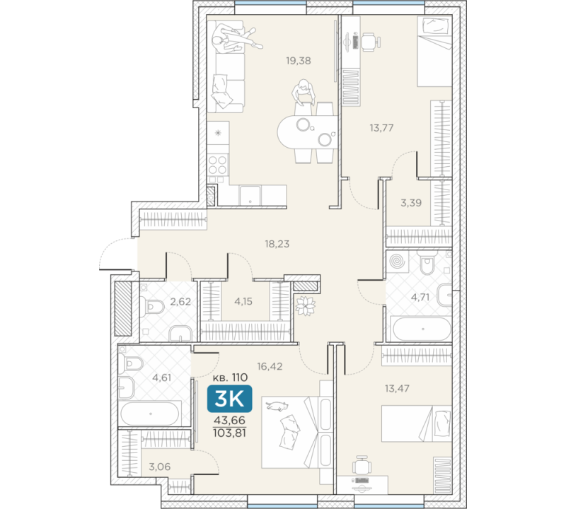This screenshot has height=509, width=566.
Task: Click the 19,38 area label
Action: click(298, 61)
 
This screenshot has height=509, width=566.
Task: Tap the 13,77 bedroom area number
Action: click(381, 128)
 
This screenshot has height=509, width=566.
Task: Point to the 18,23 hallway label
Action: click(277, 244)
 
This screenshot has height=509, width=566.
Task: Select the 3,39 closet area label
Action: click(411, 203)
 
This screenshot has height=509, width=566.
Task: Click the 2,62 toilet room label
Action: click(180, 301)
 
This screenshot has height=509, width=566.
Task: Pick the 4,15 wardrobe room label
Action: click(243, 301)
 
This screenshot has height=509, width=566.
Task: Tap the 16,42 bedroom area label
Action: click(270, 366)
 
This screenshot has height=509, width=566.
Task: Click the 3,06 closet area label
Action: click(160, 467)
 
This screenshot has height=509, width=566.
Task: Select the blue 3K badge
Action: click(229, 399)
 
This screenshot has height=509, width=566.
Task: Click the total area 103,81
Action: click(229, 433)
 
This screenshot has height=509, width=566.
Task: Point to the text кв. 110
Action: click(229, 378)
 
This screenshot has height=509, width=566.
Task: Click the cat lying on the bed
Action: click(277, 406)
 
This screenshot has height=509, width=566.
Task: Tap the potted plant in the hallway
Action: click(306, 305)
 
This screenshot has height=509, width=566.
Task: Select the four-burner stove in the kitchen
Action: click(218, 165)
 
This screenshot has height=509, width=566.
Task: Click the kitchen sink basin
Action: click(250, 196)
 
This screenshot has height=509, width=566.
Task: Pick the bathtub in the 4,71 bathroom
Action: click(422, 329)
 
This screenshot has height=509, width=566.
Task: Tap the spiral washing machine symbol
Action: click(398, 261)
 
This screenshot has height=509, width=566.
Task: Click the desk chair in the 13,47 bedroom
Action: click(362, 465)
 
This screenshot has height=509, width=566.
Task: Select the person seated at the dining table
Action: click(304, 92)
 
